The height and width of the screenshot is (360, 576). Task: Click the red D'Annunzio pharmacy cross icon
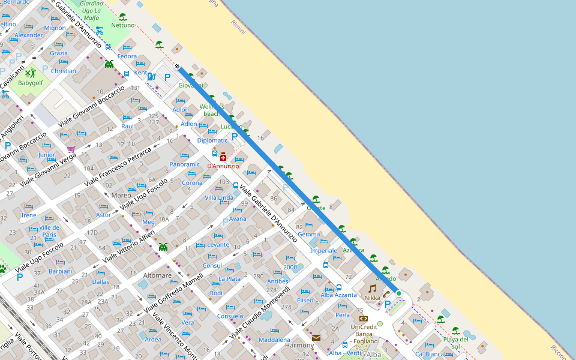pyautogui.click(x=223, y=156)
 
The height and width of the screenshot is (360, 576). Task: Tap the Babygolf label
pyautogui.click(x=31, y=83)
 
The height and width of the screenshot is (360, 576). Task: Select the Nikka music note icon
pyautogui.click(x=373, y=288)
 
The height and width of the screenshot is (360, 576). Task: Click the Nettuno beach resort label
pyautogui.click(x=123, y=25)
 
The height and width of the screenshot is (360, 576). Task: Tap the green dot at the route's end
pyautogui.click(x=398, y=293)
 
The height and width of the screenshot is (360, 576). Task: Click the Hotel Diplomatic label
pyautogui.click(x=212, y=140)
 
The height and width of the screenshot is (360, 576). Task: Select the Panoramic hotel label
pyautogui.click(x=185, y=164)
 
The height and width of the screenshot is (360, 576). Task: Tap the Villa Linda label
pyautogui.click(x=219, y=197)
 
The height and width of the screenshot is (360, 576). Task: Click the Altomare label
pyautogui.click(x=158, y=275)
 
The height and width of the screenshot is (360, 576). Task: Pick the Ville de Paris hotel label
pyautogui.click(x=49, y=231)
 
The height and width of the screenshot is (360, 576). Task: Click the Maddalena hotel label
pyautogui.click(x=274, y=340)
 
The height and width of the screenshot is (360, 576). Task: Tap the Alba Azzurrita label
pyautogui.click(x=338, y=295)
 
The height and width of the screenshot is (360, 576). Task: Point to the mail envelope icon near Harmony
pyautogui.click(x=316, y=338)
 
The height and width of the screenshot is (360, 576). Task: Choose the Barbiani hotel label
pyautogui.click(x=61, y=271)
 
